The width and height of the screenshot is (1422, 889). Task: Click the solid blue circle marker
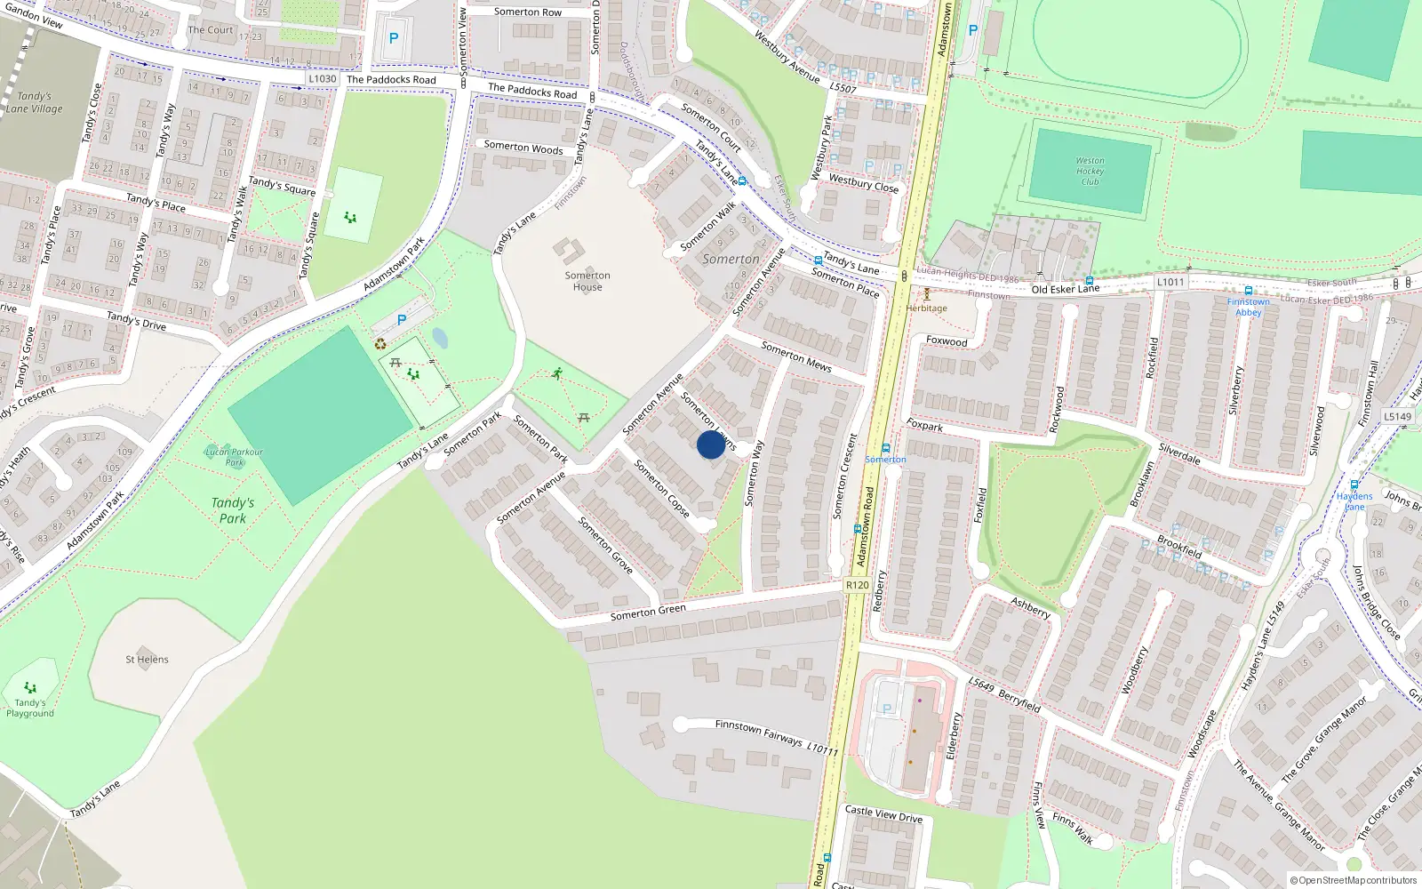(711, 444)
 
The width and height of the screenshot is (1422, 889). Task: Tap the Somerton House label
(587, 281)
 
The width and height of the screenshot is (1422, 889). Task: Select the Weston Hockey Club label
(1090, 171)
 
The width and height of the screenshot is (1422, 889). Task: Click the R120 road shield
(857, 585)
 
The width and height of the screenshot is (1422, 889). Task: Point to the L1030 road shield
(323, 79)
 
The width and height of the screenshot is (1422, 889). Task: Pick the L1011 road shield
(1170, 283)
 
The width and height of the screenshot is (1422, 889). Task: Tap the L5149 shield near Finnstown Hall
(1397, 416)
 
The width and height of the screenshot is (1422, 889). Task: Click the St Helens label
(147, 660)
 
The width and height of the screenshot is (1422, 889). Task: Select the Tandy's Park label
(233, 510)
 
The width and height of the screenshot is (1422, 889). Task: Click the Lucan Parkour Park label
(235, 457)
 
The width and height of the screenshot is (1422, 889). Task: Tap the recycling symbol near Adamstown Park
(380, 344)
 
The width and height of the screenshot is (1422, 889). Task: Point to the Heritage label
(926, 308)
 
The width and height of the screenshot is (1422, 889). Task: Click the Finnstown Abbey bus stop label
(1248, 307)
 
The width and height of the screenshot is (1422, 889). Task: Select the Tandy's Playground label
(30, 708)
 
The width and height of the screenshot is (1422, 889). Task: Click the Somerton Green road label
(648, 613)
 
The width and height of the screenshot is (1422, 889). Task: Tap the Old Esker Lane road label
(1065, 289)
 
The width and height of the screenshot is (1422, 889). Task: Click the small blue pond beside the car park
(439, 338)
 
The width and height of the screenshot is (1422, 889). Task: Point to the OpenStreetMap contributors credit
(1354, 881)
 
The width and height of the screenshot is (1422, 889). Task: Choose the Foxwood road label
(947, 341)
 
